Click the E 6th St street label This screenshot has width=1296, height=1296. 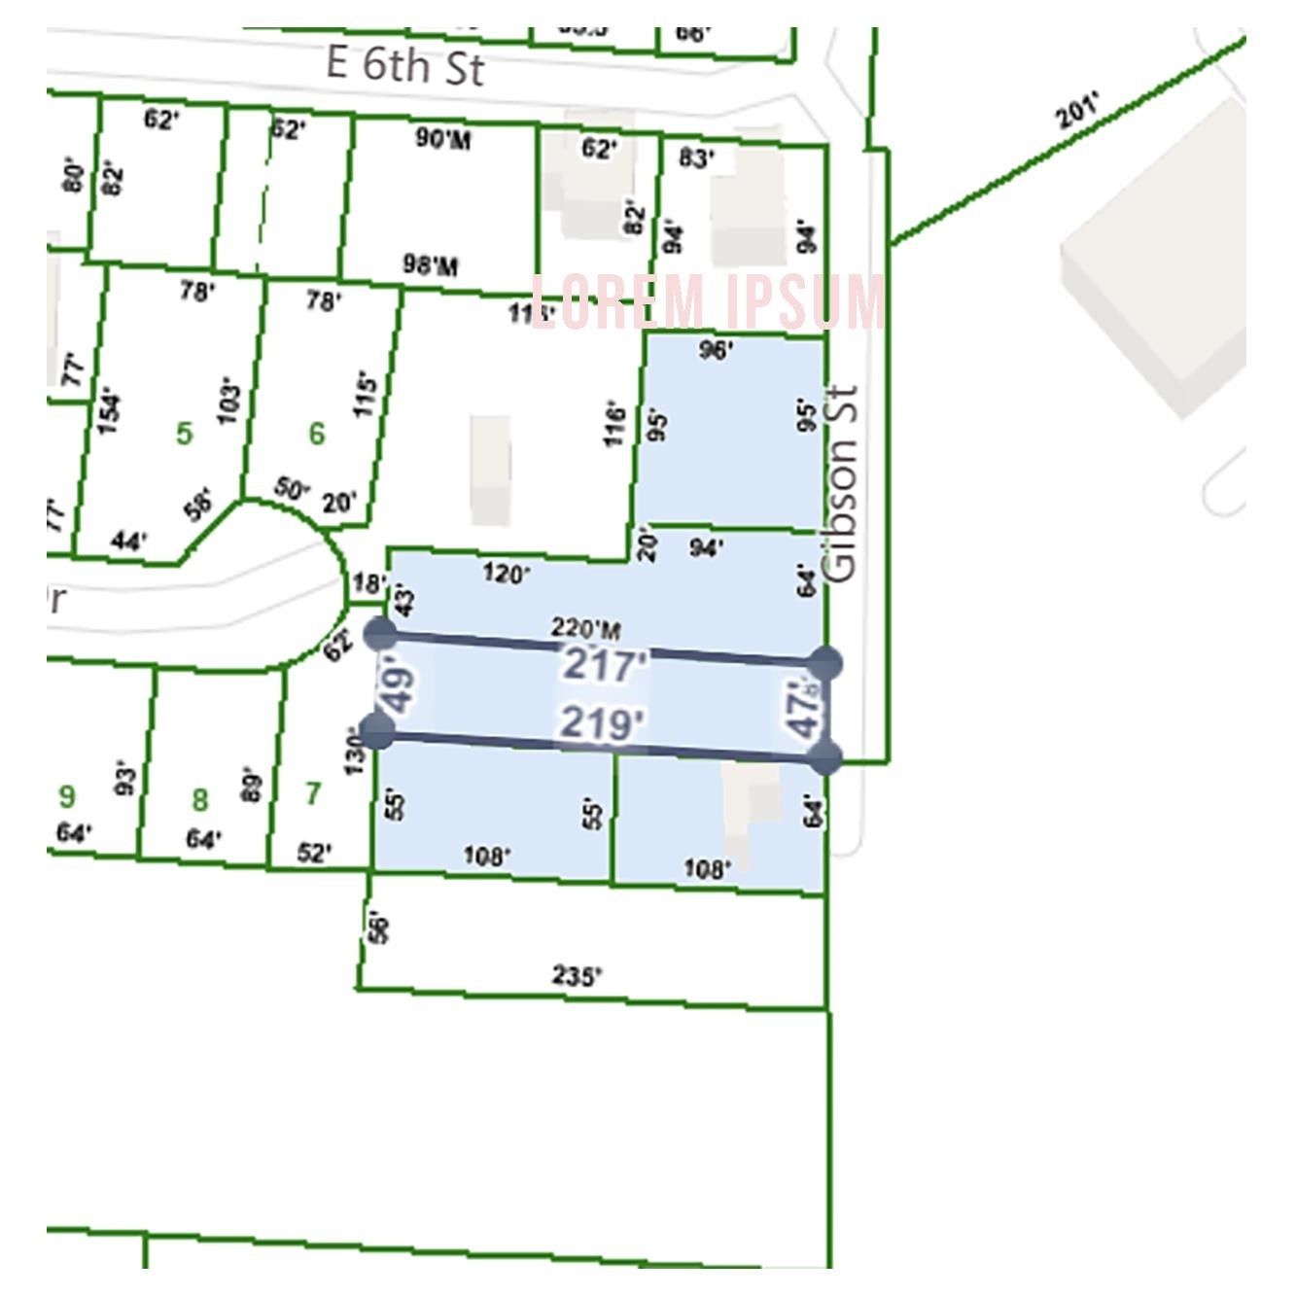coord(404,65)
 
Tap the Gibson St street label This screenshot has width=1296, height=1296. coord(841,483)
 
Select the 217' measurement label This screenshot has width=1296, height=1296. coord(605,666)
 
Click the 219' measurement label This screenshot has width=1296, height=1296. coord(602,724)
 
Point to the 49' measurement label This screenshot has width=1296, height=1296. coord(399,687)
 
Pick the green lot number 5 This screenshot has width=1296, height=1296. coord(185,433)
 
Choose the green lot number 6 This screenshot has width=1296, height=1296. coord(317,433)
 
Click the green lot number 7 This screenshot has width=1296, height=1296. coord(312,794)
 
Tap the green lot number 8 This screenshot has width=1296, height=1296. coord(199,800)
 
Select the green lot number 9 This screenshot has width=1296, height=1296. coord(66,797)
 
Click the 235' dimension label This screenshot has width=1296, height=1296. coord(577,974)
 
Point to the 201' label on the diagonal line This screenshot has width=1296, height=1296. coord(1079,111)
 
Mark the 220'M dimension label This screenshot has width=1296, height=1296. coord(585,628)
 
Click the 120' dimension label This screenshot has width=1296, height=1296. coord(506,574)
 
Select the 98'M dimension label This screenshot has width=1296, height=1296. coord(431,264)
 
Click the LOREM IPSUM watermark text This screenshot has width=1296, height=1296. coord(709,301)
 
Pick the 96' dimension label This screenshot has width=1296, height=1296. coord(716,350)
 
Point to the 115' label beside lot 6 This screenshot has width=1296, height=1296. coord(365,394)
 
